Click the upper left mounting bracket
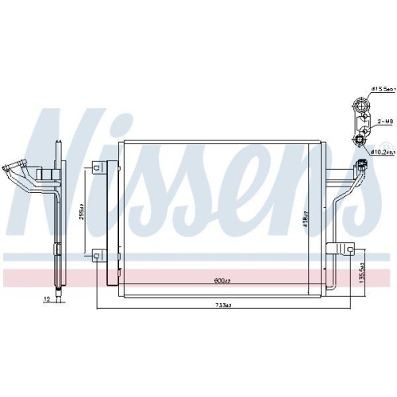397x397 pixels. click(98, 168)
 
